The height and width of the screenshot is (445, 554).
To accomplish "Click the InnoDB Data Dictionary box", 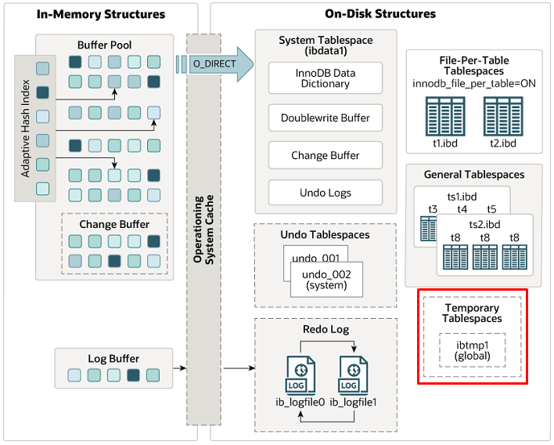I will [325, 78].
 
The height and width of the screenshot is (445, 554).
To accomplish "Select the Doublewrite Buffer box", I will [325, 118].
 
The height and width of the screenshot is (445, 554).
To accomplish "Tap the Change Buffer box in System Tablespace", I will [325, 155].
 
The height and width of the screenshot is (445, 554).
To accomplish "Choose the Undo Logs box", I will [325, 193].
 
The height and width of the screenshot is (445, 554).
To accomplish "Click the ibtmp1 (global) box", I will [472, 349].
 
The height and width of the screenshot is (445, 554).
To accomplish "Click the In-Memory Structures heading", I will [101, 14].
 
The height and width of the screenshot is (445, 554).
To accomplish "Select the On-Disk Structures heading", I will [380, 14].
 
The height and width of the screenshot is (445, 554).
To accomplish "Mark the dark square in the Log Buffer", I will [133, 375].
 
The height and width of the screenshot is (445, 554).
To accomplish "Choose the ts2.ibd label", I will [484, 223].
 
